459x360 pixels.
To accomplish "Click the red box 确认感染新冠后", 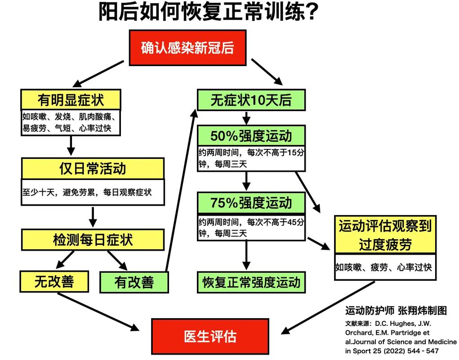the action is tap(187, 48).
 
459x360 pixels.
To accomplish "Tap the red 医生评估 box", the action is tap(210, 336).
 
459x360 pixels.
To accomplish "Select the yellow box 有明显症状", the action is tap(71, 100).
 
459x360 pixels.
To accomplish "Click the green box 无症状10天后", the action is tap(251, 100).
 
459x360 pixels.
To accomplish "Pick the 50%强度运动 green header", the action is tap(251, 136).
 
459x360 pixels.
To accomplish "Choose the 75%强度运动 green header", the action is tap(251, 202).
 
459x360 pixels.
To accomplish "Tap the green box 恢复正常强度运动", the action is tap(251, 283).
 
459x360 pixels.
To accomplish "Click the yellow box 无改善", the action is tap(54, 282).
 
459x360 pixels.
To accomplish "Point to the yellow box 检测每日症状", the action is tap(93, 240).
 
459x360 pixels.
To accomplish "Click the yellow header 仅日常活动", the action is tap(93, 169).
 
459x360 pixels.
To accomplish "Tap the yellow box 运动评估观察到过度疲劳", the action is tap(385, 235).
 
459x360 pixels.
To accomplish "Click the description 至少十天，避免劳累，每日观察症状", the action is tap(87, 193).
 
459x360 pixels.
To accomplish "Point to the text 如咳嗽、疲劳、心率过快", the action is tap(384, 267).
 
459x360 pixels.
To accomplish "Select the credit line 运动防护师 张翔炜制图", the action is tap(396, 310).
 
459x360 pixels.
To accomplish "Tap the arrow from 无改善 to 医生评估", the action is tap(98, 312).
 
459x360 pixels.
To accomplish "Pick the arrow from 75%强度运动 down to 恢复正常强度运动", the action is tap(246, 255).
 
